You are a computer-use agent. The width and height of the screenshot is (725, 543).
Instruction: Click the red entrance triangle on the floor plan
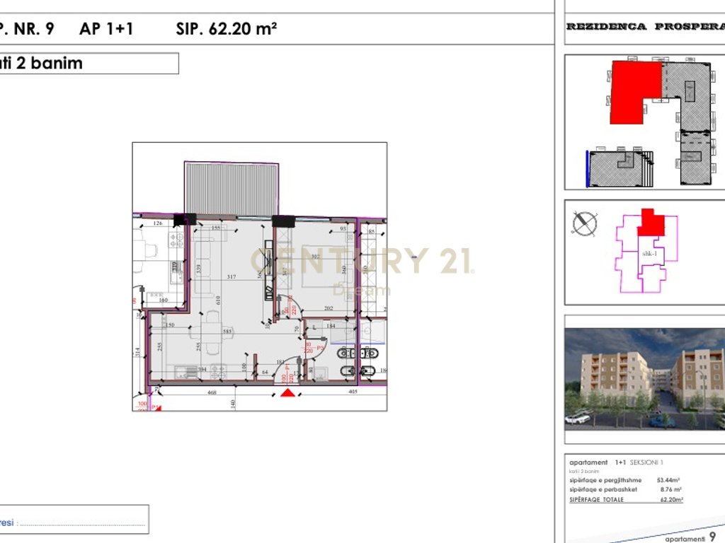pos(287,393)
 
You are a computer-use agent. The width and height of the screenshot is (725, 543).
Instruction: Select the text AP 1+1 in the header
pos(106,29)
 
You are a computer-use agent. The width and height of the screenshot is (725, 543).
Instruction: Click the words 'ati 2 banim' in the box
pos(42,63)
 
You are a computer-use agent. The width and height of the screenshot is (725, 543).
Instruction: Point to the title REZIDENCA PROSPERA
pos(644,27)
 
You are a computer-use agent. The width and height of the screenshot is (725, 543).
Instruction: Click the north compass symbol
pos(585,223)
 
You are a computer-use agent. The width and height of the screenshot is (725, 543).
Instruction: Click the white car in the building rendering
pos(578,418)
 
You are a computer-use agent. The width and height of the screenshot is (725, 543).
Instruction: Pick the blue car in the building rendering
pos(663,421)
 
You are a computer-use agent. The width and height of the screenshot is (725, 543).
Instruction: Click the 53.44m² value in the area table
pos(670,480)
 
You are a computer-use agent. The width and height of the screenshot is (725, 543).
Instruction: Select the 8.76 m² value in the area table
pos(670,489)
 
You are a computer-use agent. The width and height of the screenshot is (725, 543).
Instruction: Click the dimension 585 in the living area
pos(228,331)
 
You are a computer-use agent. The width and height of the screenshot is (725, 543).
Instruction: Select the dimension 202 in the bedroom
pos(329,308)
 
